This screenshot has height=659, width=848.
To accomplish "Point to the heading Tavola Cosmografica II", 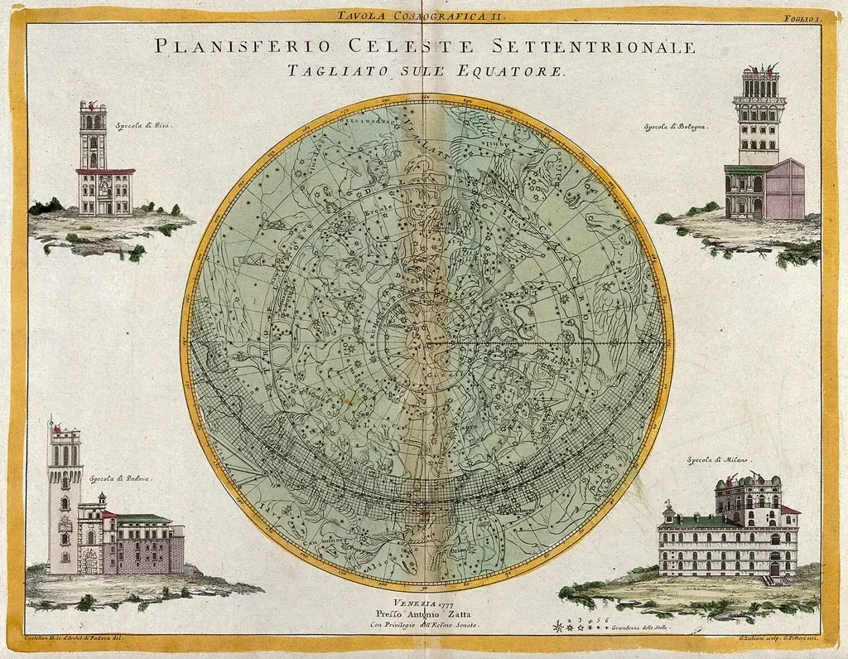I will coord(423,15).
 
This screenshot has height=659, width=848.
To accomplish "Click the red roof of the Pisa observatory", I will coord(104,172).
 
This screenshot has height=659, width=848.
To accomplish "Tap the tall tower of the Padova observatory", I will coord(64,497).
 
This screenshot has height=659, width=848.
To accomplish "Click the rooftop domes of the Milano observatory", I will coord(749,481).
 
